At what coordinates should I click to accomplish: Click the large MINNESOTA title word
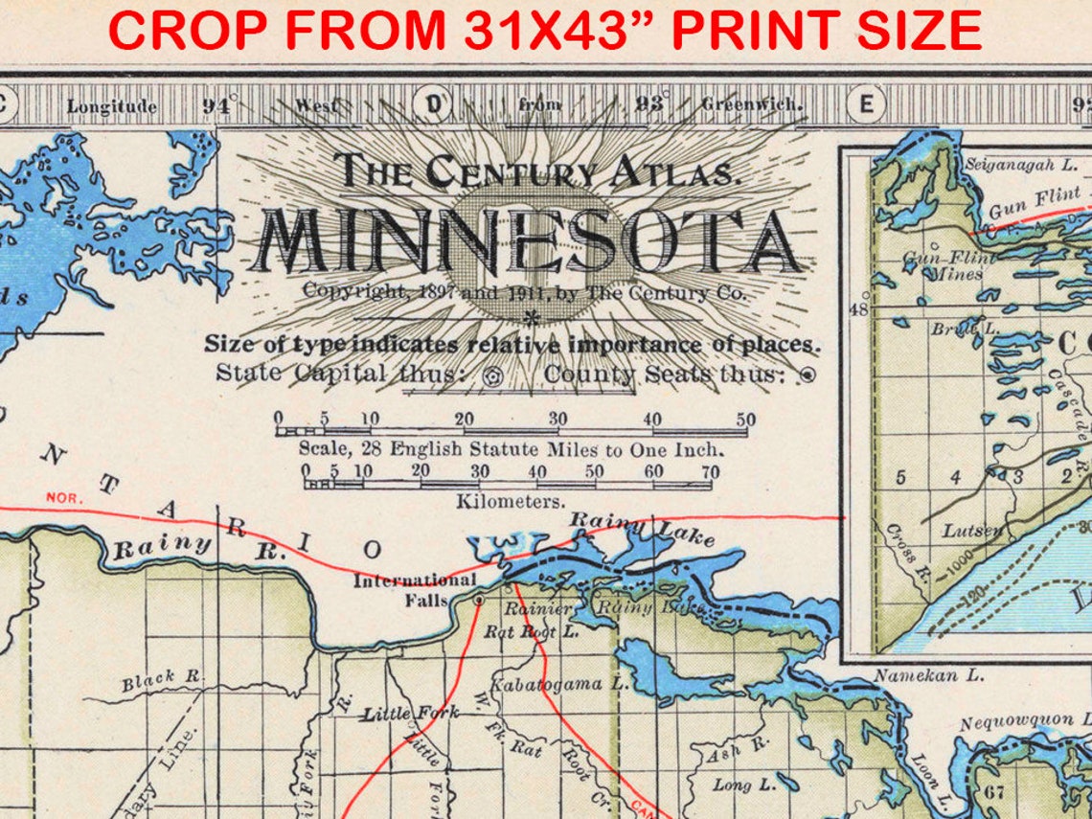pos(528,239)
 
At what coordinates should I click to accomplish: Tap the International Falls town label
pos(414,589)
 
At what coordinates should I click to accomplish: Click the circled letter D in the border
pos(433,103)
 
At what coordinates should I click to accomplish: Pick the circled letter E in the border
pos(866,103)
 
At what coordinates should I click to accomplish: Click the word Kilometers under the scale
pos(510,501)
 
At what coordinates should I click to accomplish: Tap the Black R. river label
pos(162,681)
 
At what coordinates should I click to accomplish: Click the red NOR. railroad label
pos(65,498)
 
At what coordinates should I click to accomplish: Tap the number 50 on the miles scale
pos(745,420)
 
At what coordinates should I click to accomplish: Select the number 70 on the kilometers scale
pos(709,471)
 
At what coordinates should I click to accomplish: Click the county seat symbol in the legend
pos(807,375)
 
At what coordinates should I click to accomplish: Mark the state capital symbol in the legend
pos(494,375)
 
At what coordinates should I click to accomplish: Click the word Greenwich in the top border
pos(752,104)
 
